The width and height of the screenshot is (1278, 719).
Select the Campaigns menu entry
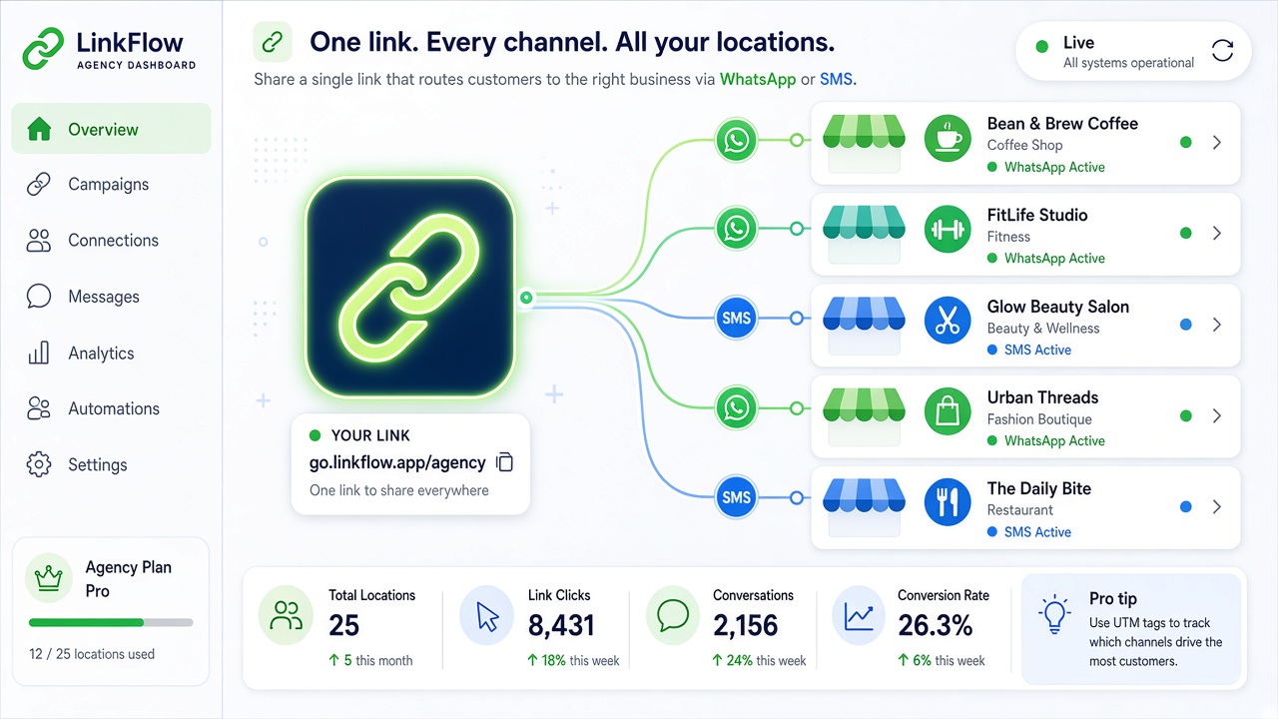(108, 185)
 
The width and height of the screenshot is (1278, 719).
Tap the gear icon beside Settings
(39, 464)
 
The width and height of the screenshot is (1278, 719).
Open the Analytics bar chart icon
(39, 353)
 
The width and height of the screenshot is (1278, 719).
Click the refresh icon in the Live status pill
(1222, 51)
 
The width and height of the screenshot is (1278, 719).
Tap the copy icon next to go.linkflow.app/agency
(505, 462)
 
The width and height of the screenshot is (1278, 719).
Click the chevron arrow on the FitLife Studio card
(1217, 233)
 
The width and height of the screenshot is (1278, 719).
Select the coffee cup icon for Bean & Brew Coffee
(948, 139)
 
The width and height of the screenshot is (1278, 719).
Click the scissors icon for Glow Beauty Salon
(948, 321)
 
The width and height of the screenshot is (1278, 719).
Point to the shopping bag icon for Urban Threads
(948, 411)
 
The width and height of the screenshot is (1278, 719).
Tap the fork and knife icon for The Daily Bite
(948, 502)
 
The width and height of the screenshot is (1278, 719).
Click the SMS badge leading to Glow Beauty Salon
(736, 318)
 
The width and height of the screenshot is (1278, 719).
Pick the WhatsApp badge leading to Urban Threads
(736, 408)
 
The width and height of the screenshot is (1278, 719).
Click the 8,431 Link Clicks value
(561, 625)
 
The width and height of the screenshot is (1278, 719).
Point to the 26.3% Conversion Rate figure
(936, 625)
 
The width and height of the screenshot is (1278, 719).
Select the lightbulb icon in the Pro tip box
(1054, 614)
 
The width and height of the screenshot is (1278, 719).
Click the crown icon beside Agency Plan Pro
(49, 578)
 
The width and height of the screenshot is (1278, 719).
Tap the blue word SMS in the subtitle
(837, 79)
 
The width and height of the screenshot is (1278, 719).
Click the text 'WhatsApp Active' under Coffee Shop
(1054, 167)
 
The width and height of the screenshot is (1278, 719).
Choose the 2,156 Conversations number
(745, 625)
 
